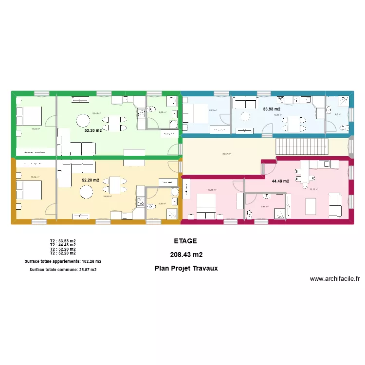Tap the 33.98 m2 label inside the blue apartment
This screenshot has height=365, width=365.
272,109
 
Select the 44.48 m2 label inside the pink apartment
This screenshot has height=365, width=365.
280,181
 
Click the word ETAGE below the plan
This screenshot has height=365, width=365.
185,241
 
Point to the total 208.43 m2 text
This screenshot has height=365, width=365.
186,255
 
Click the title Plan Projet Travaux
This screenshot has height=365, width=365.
186,268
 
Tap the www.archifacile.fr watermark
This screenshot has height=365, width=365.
334,279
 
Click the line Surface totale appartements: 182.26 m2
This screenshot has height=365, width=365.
63,261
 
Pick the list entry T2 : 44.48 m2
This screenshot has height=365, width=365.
63,245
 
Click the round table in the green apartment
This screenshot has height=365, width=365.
84,120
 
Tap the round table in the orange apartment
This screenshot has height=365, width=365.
86,192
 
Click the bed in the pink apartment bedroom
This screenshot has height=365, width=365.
205,205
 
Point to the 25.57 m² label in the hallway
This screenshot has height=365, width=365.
227,154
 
